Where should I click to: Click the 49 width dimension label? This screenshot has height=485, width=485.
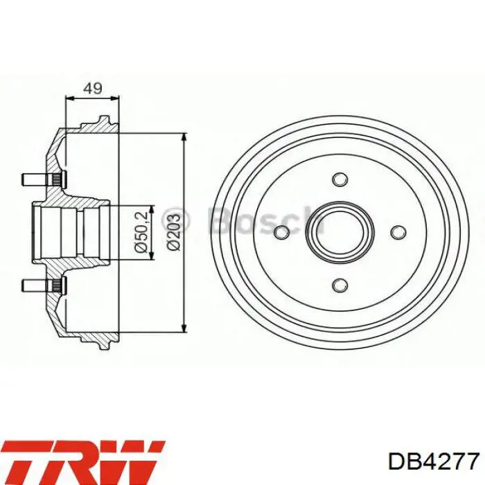(x=93, y=89)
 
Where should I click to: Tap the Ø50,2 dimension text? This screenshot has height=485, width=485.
(x=141, y=233)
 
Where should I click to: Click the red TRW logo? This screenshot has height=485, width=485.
(x=83, y=462)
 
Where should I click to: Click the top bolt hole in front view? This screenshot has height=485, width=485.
(x=340, y=179)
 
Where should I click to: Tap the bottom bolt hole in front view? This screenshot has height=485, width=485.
(x=340, y=285)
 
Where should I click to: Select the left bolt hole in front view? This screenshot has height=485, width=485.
(x=282, y=232)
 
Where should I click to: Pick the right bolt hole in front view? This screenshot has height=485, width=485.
(x=398, y=232)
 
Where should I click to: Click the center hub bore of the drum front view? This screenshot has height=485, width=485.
(x=340, y=232)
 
